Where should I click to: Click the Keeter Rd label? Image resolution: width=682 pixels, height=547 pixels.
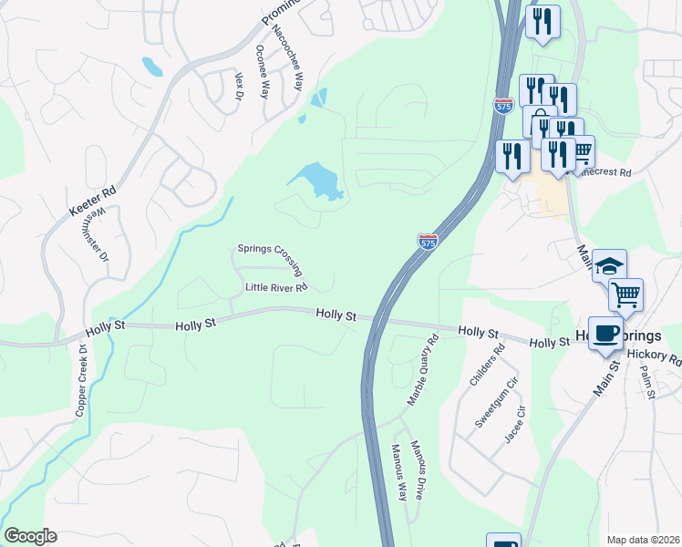point(93,202)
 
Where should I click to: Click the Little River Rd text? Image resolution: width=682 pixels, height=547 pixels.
point(276,287)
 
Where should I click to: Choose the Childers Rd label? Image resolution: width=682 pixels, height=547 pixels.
point(487,366)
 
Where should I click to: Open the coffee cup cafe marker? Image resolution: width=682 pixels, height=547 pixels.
point(605,333)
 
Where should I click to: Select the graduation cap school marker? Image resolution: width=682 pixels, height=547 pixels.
point(608,265)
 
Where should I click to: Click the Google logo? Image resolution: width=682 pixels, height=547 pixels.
point(30,536)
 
